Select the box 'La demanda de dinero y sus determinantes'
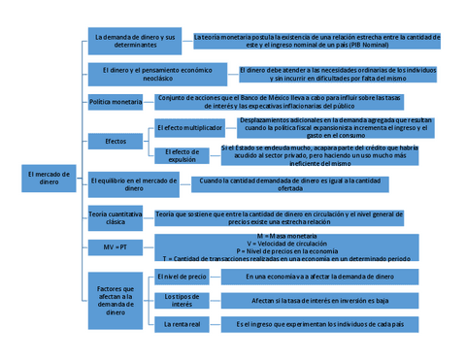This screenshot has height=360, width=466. (133, 40)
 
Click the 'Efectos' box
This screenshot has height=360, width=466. (116, 142)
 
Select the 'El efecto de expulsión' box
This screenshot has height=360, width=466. (182, 155)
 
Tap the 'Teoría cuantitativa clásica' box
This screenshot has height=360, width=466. (115, 217)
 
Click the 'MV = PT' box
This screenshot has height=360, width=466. (116, 247)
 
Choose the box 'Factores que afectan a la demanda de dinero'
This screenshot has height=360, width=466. (116, 299)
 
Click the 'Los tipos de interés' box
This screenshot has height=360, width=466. (182, 300)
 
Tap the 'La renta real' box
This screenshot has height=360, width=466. (182, 323)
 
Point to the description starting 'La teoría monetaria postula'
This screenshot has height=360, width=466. (317, 40)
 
